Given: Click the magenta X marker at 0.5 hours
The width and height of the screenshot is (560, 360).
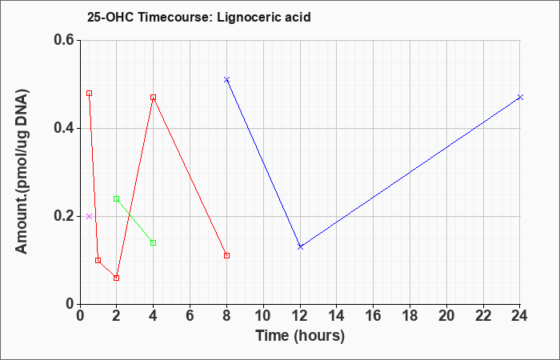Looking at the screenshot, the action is click(x=90, y=217).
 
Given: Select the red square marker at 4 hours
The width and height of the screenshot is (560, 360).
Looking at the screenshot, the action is click(x=154, y=97).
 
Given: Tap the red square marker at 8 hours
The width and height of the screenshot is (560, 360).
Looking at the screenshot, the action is click(x=226, y=255).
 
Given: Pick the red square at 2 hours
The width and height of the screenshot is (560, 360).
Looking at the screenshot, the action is click(x=117, y=278).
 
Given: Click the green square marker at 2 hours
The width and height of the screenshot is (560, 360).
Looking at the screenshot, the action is click(x=117, y=199).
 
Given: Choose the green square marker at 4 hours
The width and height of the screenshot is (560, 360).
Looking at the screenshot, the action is click(x=154, y=243).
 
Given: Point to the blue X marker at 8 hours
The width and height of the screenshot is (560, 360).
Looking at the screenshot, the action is click(x=226, y=80).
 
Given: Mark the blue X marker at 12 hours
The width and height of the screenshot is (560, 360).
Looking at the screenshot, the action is click(x=300, y=246).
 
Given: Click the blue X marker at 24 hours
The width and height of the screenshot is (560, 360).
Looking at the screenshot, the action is click(x=520, y=97).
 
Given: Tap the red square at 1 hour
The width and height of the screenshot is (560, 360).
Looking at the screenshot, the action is click(x=98, y=260).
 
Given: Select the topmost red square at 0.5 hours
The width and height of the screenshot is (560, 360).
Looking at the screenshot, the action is click(x=90, y=94).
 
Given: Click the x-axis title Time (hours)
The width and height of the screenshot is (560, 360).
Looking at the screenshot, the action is click(x=300, y=336).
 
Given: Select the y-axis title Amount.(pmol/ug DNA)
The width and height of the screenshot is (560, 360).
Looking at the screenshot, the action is click(x=22, y=172).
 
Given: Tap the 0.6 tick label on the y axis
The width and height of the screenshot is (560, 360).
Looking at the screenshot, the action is click(x=64, y=40).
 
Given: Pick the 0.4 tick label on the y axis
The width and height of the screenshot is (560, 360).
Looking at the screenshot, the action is click(x=64, y=128).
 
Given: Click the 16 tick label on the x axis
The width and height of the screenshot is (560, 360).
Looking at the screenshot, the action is click(x=374, y=316).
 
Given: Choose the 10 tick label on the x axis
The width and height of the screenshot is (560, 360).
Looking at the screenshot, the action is click(x=263, y=316).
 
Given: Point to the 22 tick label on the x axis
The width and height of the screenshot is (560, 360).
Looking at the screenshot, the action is click(x=483, y=316).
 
